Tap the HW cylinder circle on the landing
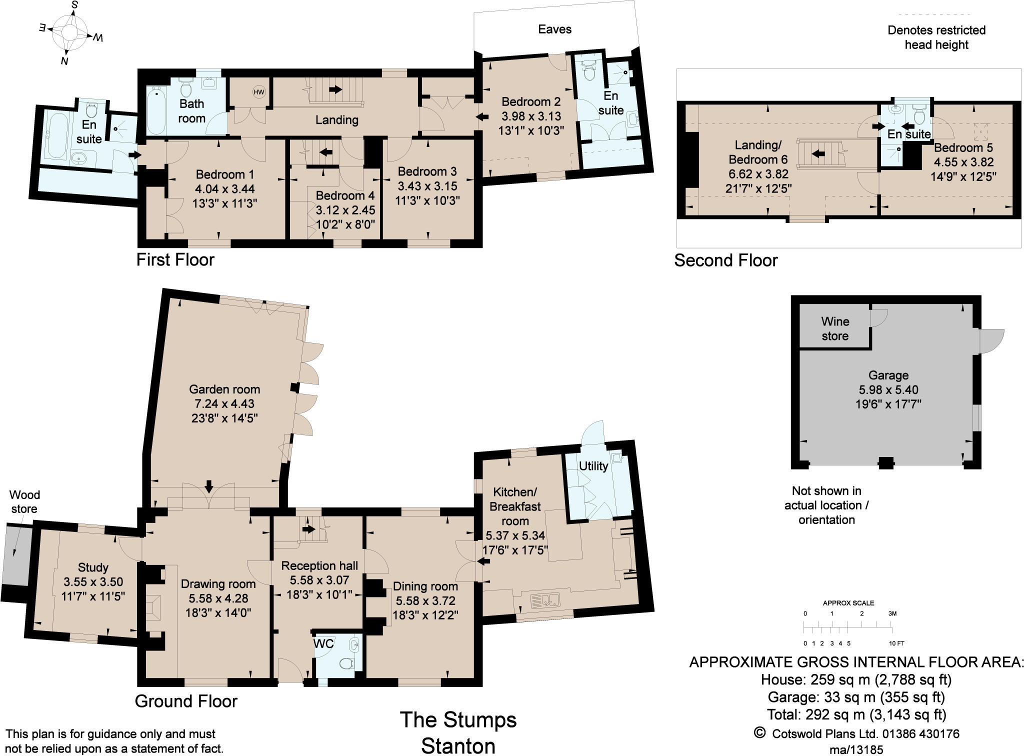point(258,92)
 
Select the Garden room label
point(224,389)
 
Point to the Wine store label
point(834,328)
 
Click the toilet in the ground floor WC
point(346,664)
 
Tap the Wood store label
point(24,501)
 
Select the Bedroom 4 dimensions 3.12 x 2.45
point(345,210)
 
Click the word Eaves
point(554,29)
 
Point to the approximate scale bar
point(848,625)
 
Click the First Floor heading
point(175,260)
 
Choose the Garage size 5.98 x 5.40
point(888,389)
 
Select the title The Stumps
point(458,720)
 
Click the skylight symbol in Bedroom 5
point(982,131)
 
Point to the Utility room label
point(593,466)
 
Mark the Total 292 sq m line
point(856,714)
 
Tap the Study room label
point(93,567)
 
